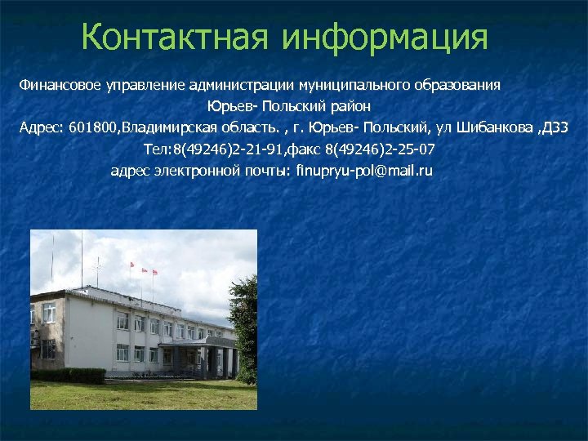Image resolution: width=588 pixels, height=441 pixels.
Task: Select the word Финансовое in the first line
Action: (56, 85)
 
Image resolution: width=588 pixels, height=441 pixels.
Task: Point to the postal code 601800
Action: (94, 128)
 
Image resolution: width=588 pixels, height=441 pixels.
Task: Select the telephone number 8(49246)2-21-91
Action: (229, 149)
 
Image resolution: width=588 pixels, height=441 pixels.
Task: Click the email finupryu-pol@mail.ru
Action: (364, 171)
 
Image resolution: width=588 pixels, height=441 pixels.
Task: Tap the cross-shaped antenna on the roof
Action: (97, 264)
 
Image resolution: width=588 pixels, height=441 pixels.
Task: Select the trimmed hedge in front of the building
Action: (69, 376)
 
